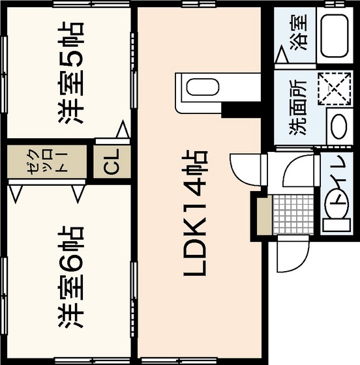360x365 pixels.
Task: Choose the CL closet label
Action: (x=112, y=162)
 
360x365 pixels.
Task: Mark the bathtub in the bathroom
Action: (x=335, y=35)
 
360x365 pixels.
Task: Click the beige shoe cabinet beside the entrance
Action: (x=264, y=215)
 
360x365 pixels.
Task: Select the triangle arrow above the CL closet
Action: (x=122, y=130)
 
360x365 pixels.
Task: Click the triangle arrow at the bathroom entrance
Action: (x=282, y=57)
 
